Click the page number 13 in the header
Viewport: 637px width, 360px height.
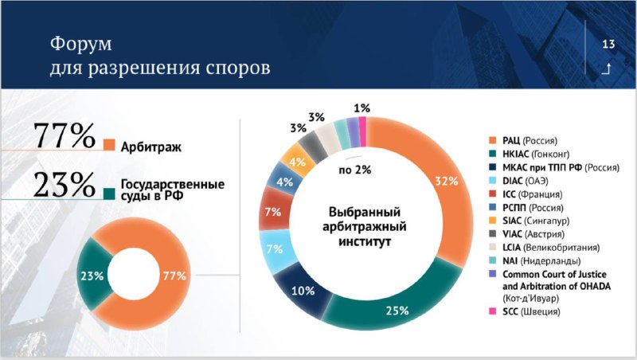[608, 44]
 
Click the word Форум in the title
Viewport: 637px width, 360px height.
[81, 44]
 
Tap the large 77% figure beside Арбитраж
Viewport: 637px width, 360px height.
[64, 135]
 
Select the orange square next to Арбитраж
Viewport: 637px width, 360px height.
[109, 145]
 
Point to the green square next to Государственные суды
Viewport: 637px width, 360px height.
[109, 194]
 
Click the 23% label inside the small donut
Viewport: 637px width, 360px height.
[92, 276]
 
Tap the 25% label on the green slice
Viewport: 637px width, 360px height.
[397, 311]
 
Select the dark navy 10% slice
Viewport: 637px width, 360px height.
[303, 291]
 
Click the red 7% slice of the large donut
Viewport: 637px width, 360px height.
[273, 212]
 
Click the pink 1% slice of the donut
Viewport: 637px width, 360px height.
[362, 131]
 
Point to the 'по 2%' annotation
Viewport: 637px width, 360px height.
[355, 170]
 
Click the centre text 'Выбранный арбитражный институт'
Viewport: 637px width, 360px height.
[365, 227]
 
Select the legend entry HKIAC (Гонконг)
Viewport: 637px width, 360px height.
[530, 154]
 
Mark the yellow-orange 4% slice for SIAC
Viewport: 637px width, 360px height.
[295, 161]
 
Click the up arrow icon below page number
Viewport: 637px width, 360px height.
[606, 69]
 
